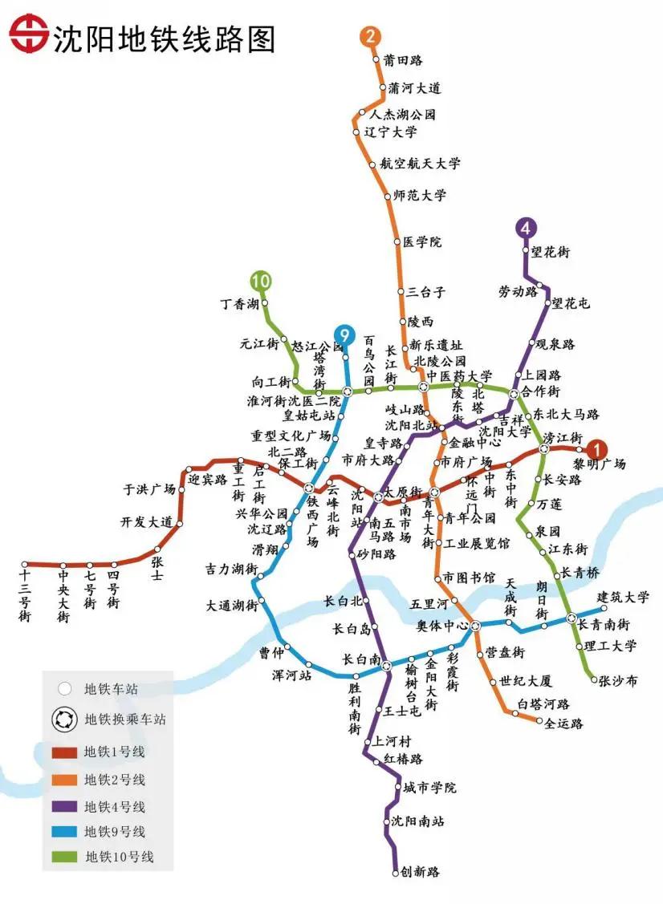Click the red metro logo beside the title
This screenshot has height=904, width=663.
[x=29, y=37]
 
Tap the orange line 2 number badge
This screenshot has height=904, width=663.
[x=370, y=36]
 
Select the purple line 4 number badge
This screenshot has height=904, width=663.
[x=526, y=228]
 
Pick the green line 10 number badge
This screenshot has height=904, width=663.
[x=260, y=281]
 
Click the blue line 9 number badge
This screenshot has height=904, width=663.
[x=344, y=334]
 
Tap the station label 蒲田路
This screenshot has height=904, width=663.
[x=403, y=60]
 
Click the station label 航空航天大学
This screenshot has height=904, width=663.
[x=420, y=164]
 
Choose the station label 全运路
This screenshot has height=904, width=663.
[x=563, y=723]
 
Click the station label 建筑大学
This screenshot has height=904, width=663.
[x=623, y=598]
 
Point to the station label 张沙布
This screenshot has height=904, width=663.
[x=618, y=680]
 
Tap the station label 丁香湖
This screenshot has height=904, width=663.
[x=240, y=304]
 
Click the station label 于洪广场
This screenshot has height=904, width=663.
[x=148, y=488]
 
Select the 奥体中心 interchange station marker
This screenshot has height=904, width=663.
[x=475, y=625]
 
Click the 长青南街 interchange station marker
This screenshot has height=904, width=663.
[x=571, y=618]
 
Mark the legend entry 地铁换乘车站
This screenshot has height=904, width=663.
[x=124, y=720]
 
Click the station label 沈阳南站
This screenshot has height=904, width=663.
[x=417, y=821]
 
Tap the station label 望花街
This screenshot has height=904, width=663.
[x=551, y=252]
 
